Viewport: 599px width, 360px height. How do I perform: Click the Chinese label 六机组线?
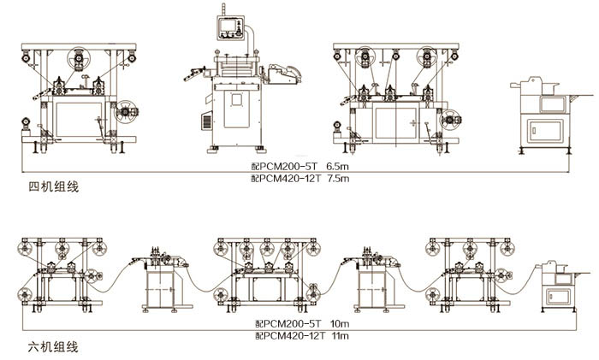(52, 347)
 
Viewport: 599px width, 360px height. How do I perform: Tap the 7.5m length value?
(339, 179)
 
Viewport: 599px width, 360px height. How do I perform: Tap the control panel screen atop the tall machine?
(229, 27)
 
